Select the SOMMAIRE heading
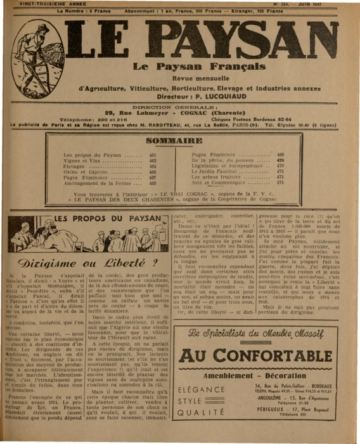click(173, 140)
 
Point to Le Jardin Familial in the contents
click(214, 171)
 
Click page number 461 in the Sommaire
click(153, 155)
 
